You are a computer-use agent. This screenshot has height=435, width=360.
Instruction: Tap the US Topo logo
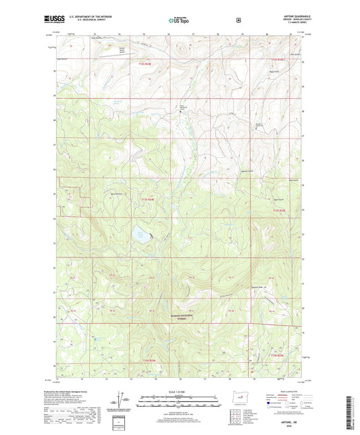click(179, 20)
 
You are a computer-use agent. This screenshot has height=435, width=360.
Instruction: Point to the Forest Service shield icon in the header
click(238, 20)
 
